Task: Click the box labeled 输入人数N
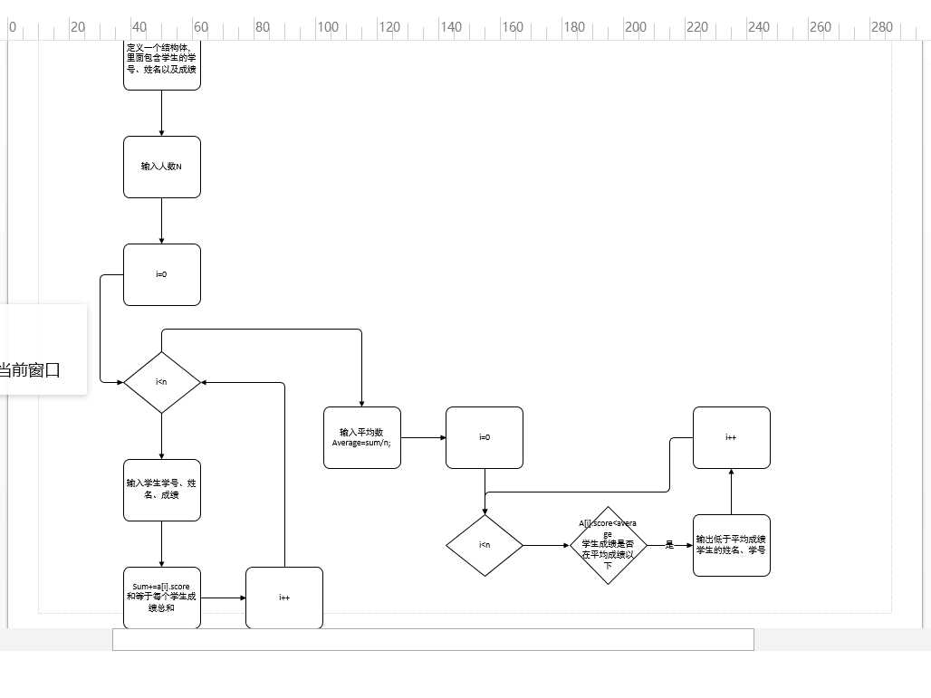pyautogui.click(x=161, y=167)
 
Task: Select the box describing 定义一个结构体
pyautogui.click(x=161, y=64)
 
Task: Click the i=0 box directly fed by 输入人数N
pyautogui.click(x=161, y=274)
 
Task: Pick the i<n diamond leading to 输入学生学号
pyautogui.click(x=161, y=382)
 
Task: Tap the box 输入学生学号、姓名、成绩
pyautogui.click(x=161, y=490)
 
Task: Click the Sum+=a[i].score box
pyautogui.click(x=161, y=598)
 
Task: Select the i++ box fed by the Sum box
pyautogui.click(x=284, y=598)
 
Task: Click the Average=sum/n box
pyautogui.click(x=361, y=437)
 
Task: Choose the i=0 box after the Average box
pyautogui.click(x=484, y=437)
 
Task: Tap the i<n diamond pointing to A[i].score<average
pyautogui.click(x=484, y=545)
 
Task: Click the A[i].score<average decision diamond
pyautogui.click(x=608, y=545)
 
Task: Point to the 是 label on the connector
pyautogui.click(x=669, y=545)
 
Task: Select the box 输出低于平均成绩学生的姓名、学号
pyautogui.click(x=731, y=545)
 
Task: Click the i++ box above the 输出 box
pyautogui.click(x=731, y=437)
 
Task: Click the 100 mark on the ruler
pyautogui.click(x=327, y=27)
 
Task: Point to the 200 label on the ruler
pyautogui.click(x=636, y=27)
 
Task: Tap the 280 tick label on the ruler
pyautogui.click(x=882, y=27)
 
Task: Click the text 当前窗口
pyautogui.click(x=29, y=370)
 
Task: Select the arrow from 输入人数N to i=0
pyautogui.click(x=161, y=221)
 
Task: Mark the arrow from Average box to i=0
pyautogui.click(x=423, y=437)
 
